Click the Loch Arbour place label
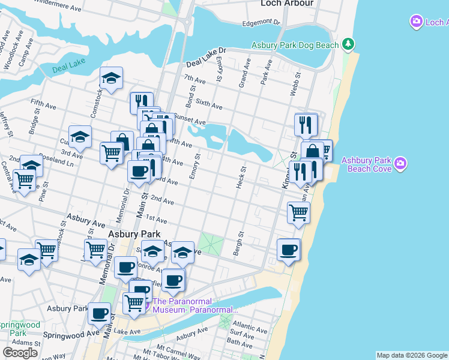pyautogui.click(x=287, y=3)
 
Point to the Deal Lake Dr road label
pyautogui.click(x=205, y=57)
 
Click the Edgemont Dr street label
pyautogui.click(x=261, y=22)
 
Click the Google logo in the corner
pyautogui.click(x=19, y=352)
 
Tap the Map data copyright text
pyautogui.click(x=412, y=355)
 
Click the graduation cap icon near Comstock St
pyautogui.click(x=111, y=78)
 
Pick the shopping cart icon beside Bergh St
pyautogui.click(x=298, y=212)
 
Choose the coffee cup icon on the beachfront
pyautogui.click(x=289, y=249)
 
